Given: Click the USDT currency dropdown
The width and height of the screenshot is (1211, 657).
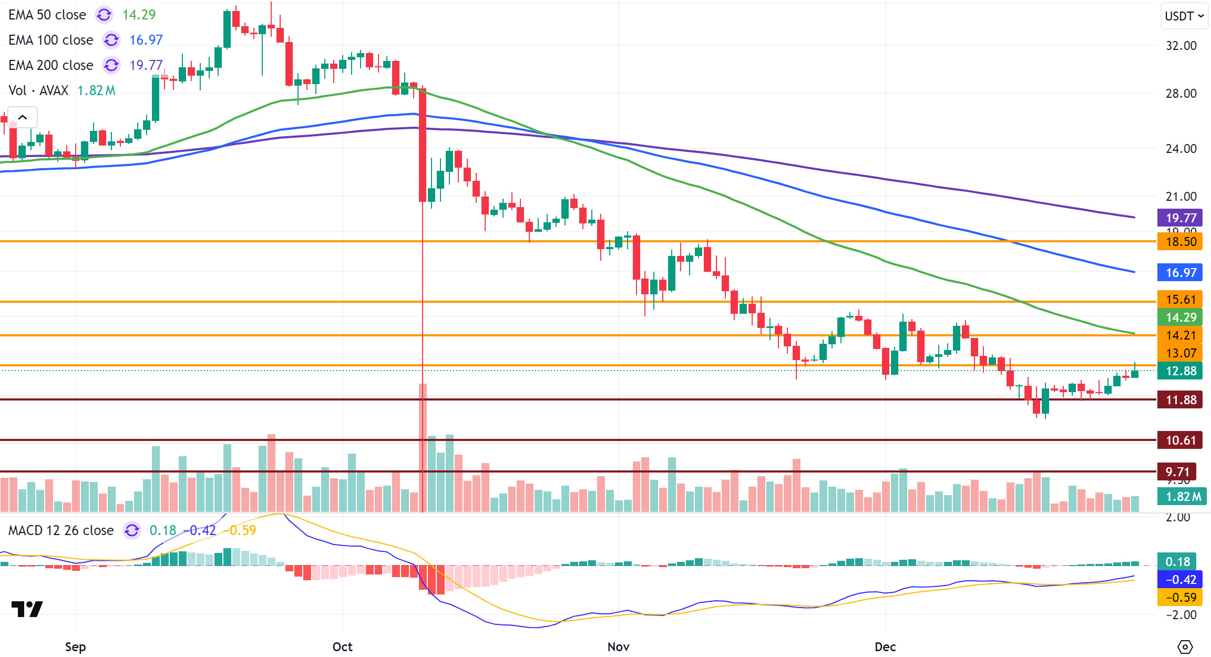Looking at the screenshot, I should [1184, 16].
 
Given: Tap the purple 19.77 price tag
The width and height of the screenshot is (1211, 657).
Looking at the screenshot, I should [1180, 218].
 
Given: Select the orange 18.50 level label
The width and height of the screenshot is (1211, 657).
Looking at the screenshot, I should [1180, 242].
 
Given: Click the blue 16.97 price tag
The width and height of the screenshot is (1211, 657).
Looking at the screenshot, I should [1180, 272].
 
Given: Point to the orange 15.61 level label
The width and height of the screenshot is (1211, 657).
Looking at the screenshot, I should [1180, 300].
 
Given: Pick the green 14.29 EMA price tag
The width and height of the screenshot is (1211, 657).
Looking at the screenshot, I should [1180, 317].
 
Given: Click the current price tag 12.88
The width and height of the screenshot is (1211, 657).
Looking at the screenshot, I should [1180, 371].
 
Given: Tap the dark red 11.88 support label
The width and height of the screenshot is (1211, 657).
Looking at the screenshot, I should [1180, 400].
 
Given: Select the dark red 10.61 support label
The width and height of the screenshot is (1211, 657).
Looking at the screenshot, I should [1180, 440].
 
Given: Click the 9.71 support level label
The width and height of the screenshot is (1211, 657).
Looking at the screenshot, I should [1177, 471].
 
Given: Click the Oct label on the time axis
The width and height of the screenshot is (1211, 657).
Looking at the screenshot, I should [342, 646].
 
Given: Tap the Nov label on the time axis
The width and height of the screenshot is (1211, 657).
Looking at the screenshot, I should [618, 646].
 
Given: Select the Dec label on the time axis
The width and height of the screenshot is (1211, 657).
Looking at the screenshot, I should [885, 646].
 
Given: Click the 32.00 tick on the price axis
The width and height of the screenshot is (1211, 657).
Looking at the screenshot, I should [1181, 46].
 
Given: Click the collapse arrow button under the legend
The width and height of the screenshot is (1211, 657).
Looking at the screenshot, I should [23, 117].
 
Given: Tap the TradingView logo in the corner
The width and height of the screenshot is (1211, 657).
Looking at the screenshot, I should [27, 609].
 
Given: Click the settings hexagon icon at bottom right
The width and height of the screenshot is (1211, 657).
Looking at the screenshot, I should [1185, 646].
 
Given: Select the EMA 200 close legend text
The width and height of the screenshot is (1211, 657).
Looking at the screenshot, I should [51, 65].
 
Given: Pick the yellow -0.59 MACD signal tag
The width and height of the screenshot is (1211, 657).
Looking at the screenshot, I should [1180, 598].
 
